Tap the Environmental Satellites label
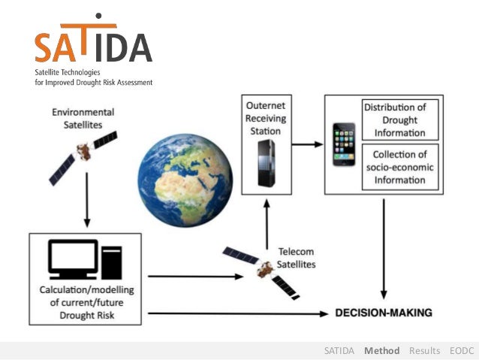(83, 118)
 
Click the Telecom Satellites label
(296, 258)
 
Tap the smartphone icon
(345, 143)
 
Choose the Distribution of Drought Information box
(394, 120)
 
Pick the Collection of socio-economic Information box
(394, 165)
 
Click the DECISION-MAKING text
(384, 312)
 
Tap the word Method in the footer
(381, 350)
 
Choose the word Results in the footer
(424, 350)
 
